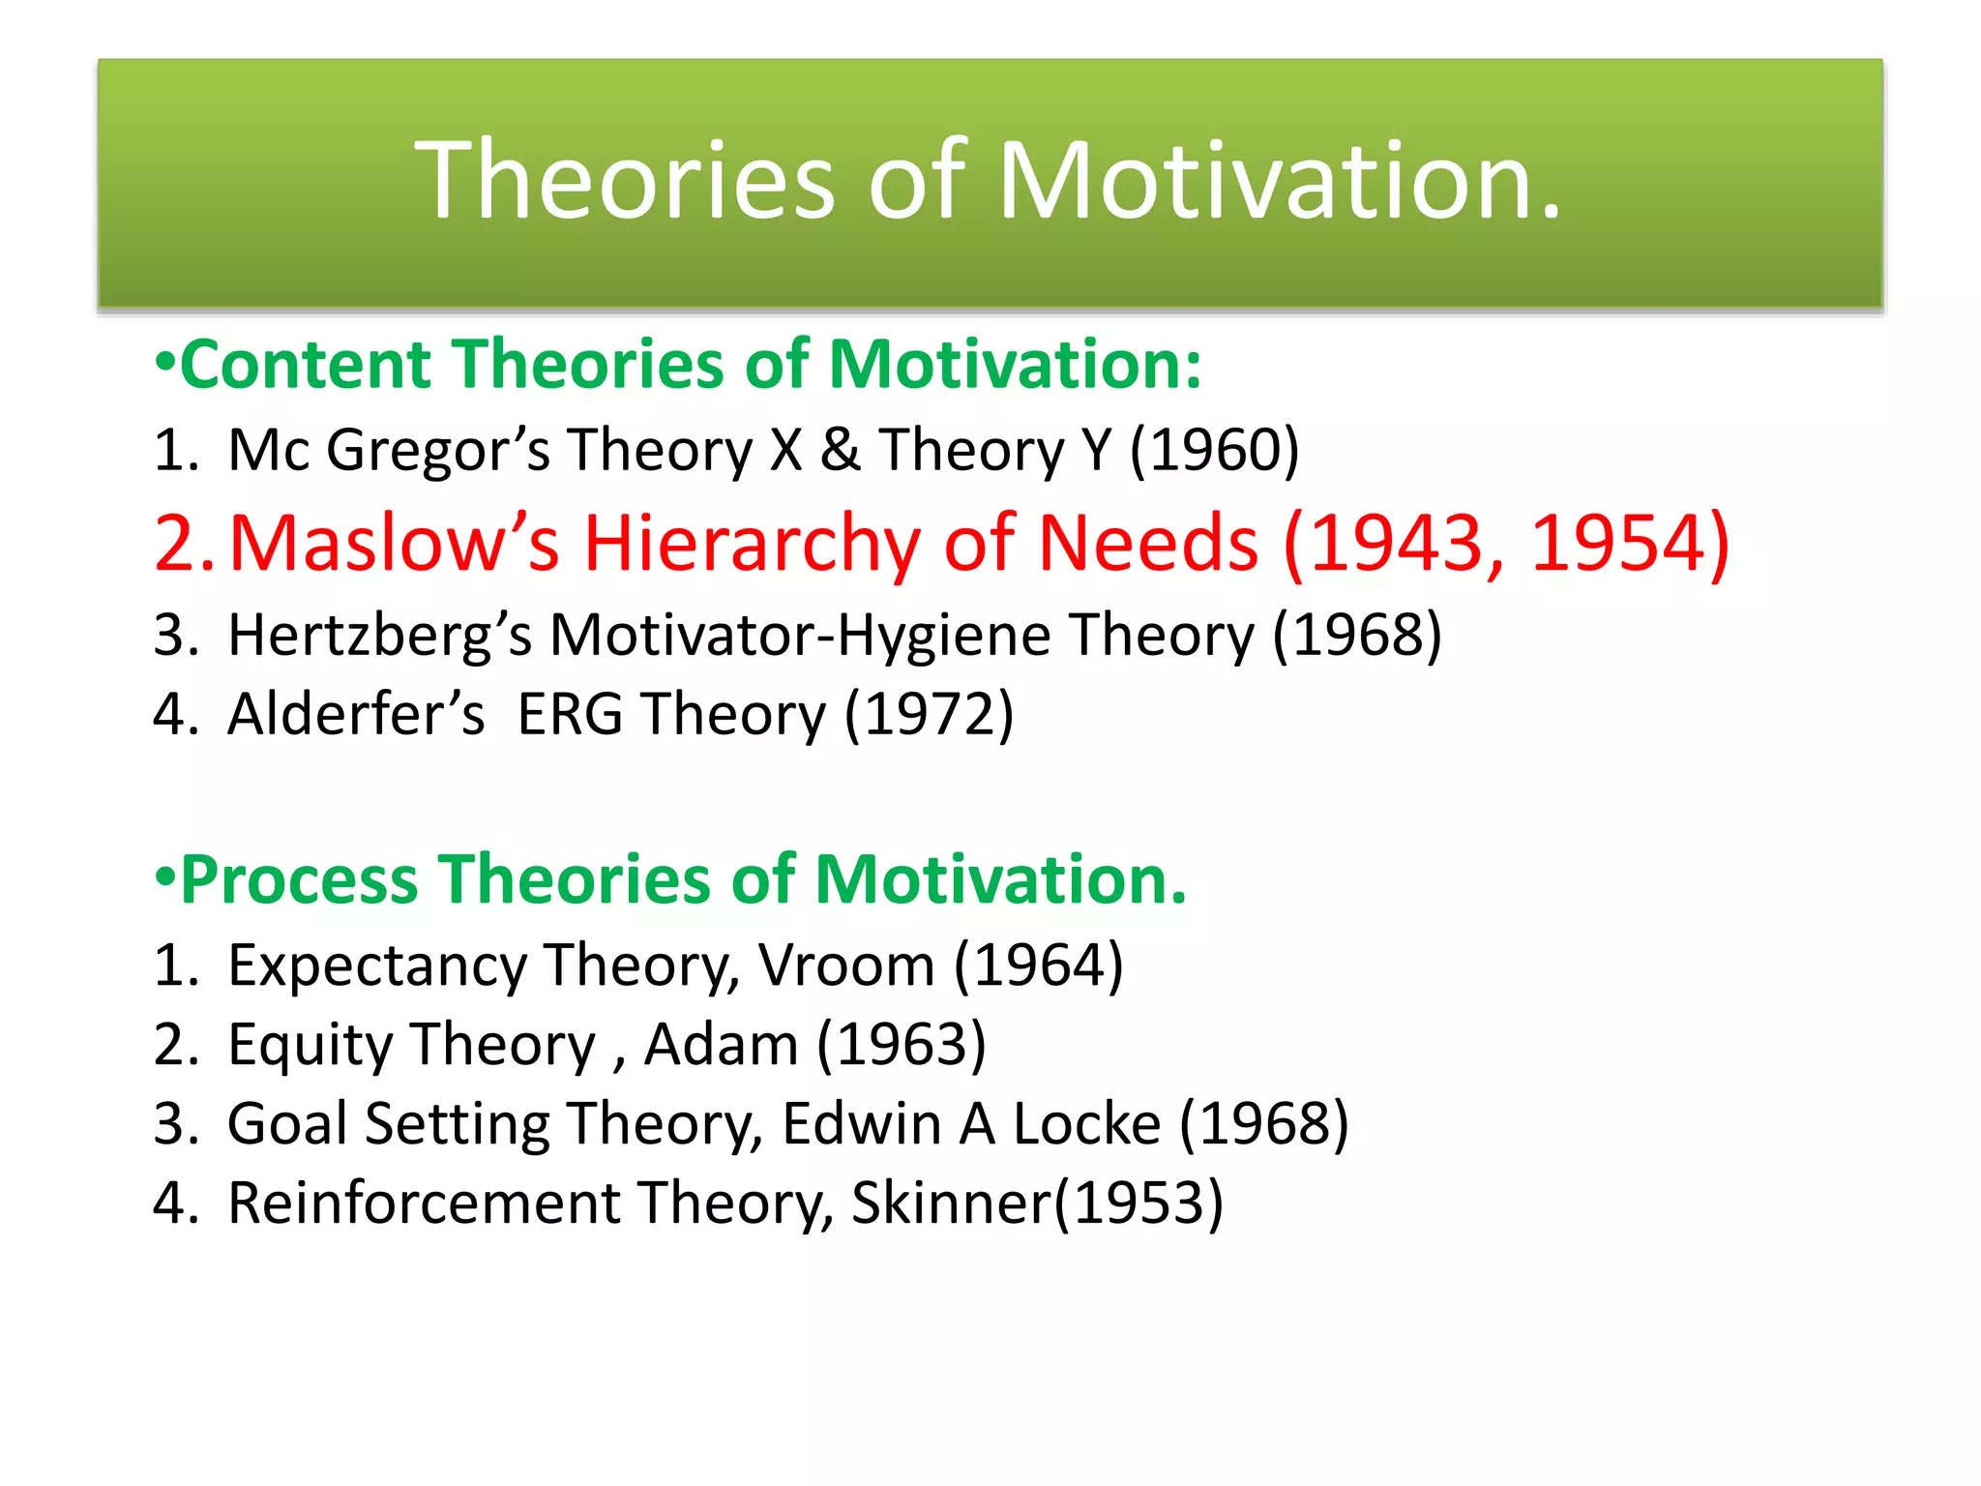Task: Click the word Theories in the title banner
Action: pos(625,181)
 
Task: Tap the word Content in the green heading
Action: pos(307,365)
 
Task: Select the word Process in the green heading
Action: pos(299,880)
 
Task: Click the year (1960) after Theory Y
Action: pos(1215,450)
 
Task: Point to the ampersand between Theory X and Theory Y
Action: pos(841,451)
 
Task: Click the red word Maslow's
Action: pos(395,544)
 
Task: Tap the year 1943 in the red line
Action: pos(1398,544)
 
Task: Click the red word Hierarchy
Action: pos(753,544)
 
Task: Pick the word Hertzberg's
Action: pos(379,636)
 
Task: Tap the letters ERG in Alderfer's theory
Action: pos(570,715)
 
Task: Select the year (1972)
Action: pos(930,715)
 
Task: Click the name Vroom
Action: pos(846,966)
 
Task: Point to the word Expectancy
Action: pos(377,966)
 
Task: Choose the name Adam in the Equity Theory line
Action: pos(722,1045)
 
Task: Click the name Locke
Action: pos(1086,1124)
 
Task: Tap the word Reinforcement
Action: pos(424,1204)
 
